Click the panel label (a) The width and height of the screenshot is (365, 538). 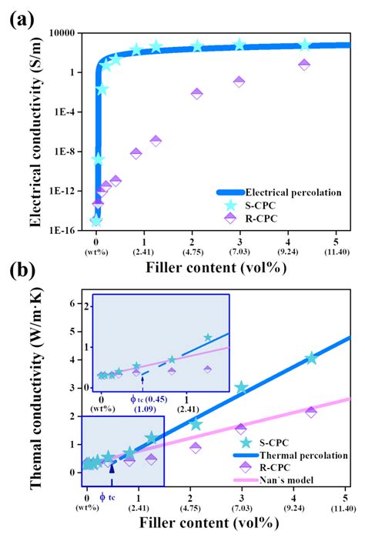tap(22, 18)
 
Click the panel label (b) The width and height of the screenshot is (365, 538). tap(22, 272)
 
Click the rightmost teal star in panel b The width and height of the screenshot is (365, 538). tap(310, 358)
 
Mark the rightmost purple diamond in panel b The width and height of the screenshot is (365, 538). tap(310, 412)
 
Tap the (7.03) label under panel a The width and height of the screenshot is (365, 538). tap(239, 251)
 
